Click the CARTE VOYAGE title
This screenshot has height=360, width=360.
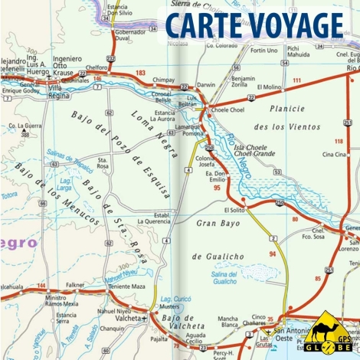(x=254, y=25)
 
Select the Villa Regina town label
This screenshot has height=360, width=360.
(x=65, y=92)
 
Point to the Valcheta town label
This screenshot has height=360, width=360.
(x=126, y=319)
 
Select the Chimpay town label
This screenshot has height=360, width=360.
(x=164, y=79)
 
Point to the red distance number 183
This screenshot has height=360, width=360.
(x=140, y=73)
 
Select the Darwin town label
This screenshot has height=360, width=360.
(x=206, y=85)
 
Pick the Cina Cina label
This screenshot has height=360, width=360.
(x=333, y=154)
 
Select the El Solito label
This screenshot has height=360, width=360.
(x=234, y=209)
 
